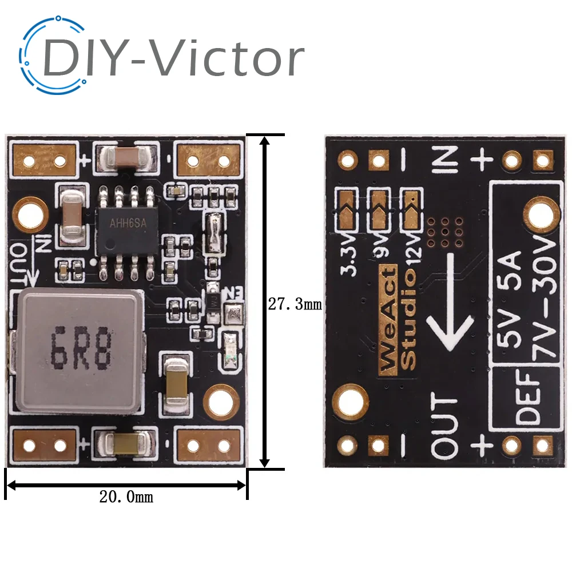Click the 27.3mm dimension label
pyautogui.click(x=295, y=304)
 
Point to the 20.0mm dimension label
pyautogui.click(x=126, y=497)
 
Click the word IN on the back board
pyautogui.click(x=447, y=159)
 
